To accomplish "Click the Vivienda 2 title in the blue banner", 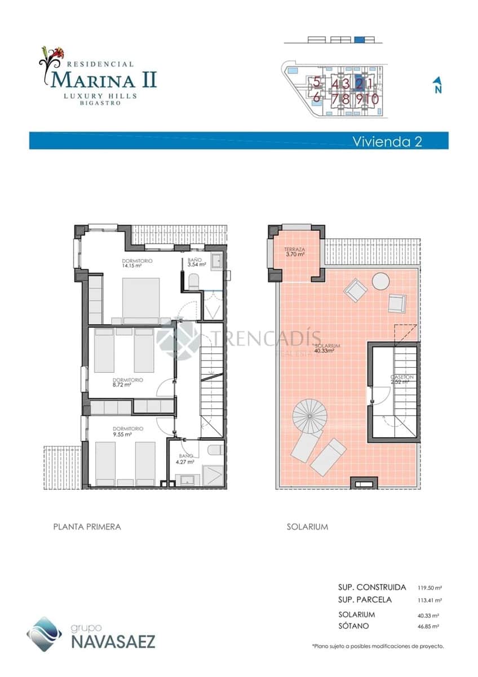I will click(387, 141).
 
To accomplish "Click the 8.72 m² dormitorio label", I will click(127, 383).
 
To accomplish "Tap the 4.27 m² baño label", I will click(187, 459).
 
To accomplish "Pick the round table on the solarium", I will click(380, 281).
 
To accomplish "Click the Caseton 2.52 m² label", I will click(401, 379).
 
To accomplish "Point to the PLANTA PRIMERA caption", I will click(87, 526).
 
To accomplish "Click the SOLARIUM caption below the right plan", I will click(307, 526).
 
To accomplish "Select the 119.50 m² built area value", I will click(430, 587).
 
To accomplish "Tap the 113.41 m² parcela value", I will click(430, 600).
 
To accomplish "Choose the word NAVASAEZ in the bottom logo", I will click(113, 641).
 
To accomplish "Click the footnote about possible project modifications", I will click(378, 646).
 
